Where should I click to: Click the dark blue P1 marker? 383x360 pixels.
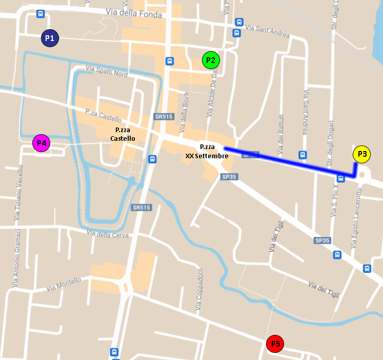pos(50,38)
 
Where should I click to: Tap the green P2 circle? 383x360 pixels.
pos(211,60)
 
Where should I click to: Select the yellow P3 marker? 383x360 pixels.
pos(362,154)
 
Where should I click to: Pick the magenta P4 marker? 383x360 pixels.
pos(42,143)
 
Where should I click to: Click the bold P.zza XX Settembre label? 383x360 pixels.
pos(207,151)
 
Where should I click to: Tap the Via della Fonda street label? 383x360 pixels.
pos(133,13)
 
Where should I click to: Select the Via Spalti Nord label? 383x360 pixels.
pos(107,71)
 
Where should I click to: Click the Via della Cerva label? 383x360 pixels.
pos(108,234)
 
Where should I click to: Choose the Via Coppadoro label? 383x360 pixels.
pos(199,290)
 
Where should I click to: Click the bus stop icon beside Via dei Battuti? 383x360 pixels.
pos(303,155)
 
